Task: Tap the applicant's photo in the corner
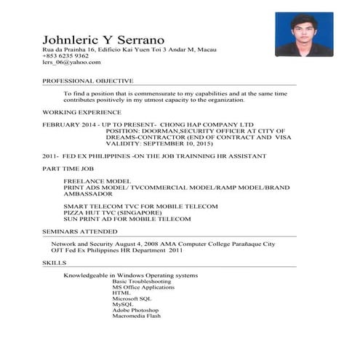[x=303, y=34]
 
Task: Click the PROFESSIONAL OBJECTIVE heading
[x=87, y=80]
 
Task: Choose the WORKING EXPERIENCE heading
[x=81, y=113]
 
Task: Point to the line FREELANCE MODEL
[x=97, y=180]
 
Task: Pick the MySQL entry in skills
[x=123, y=305]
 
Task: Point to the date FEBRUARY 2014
[x=68, y=125]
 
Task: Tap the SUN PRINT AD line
[x=127, y=219]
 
